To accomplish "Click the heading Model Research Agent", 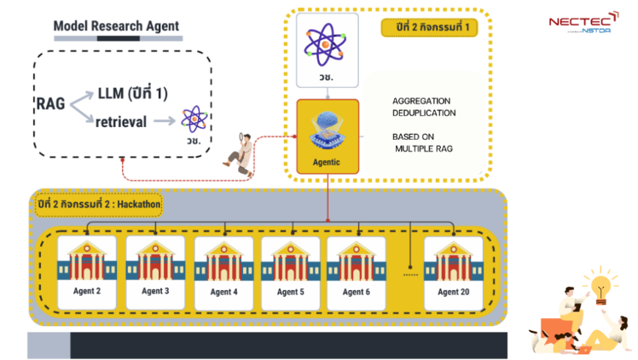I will pos(116,26).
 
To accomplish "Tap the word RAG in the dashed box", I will pos(50,104).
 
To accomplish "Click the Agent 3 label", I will pos(155,292).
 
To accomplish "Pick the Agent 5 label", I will pos(290,292).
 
